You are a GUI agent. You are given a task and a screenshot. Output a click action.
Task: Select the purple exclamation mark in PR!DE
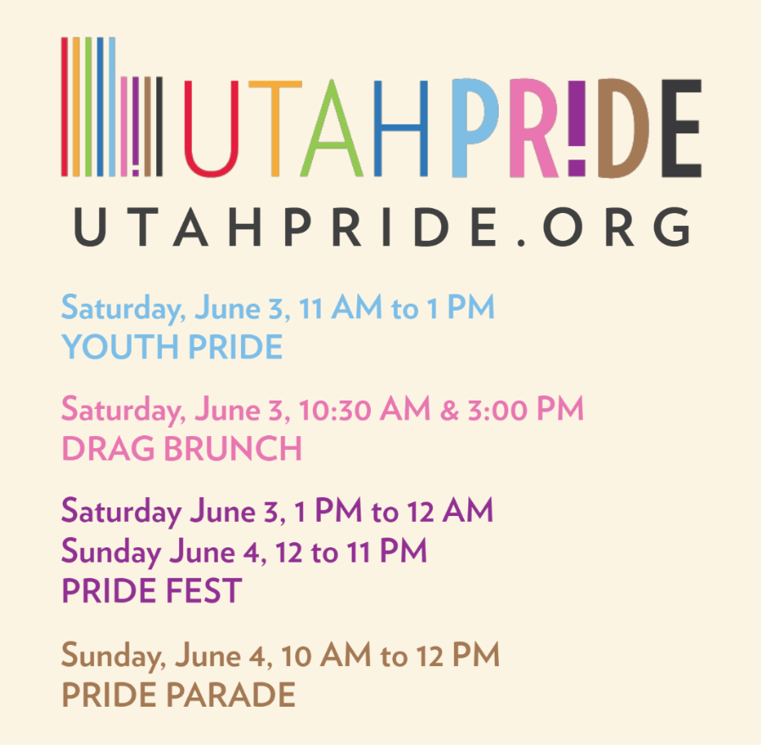click(577, 128)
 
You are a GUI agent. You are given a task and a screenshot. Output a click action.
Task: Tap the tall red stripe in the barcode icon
click(64, 107)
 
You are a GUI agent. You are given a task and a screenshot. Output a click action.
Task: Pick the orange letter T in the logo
click(275, 128)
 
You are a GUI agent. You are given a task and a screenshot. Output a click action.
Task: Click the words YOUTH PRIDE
click(172, 346)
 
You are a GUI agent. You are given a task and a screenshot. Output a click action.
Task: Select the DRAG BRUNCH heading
click(182, 448)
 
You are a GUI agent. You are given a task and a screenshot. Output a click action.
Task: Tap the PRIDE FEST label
click(152, 591)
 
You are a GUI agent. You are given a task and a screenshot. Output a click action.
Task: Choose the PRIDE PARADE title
click(179, 694)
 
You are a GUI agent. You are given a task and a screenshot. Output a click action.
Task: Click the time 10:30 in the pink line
click(335, 409)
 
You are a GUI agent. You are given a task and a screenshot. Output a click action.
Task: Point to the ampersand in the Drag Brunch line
click(449, 410)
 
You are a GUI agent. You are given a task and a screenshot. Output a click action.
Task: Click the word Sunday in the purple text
click(112, 552)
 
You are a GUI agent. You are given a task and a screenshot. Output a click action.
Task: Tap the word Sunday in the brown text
click(114, 656)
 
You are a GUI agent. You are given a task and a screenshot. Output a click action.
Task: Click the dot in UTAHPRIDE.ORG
click(522, 241)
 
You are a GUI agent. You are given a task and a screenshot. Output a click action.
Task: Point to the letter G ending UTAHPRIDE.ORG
click(671, 227)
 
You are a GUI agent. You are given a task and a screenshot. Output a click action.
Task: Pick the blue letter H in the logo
click(401, 128)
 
